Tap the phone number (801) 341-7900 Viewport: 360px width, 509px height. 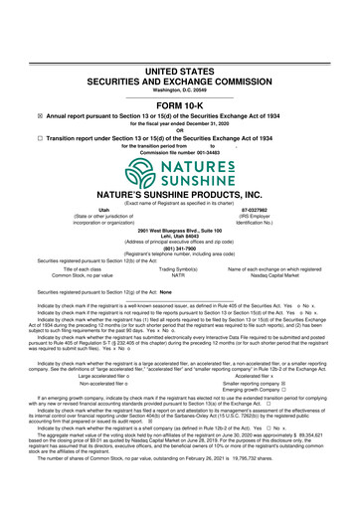click(179, 249)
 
